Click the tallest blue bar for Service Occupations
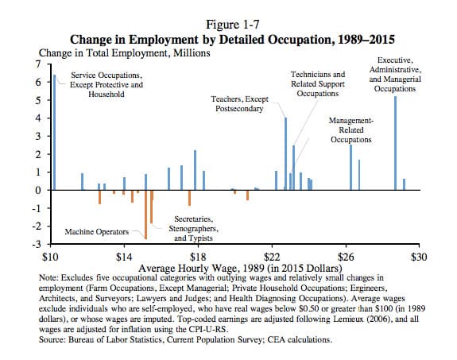tap(54, 133)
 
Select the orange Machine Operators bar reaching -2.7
tap(146, 215)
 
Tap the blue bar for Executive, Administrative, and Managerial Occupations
tap(396, 143)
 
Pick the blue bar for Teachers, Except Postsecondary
tap(285, 154)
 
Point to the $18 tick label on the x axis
tap(198, 257)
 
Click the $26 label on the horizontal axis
tap(346, 257)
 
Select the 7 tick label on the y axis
tap(38, 64)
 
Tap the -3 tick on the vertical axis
tap(37, 244)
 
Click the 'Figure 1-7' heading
tap(233, 25)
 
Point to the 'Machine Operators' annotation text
tap(96, 232)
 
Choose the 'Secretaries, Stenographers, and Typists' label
tap(193, 229)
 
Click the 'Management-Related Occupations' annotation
tap(351, 130)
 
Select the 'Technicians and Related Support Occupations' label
tap(318, 84)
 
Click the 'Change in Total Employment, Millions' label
tap(125, 53)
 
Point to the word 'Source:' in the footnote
tap(52, 339)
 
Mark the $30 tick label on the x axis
tap(419, 257)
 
